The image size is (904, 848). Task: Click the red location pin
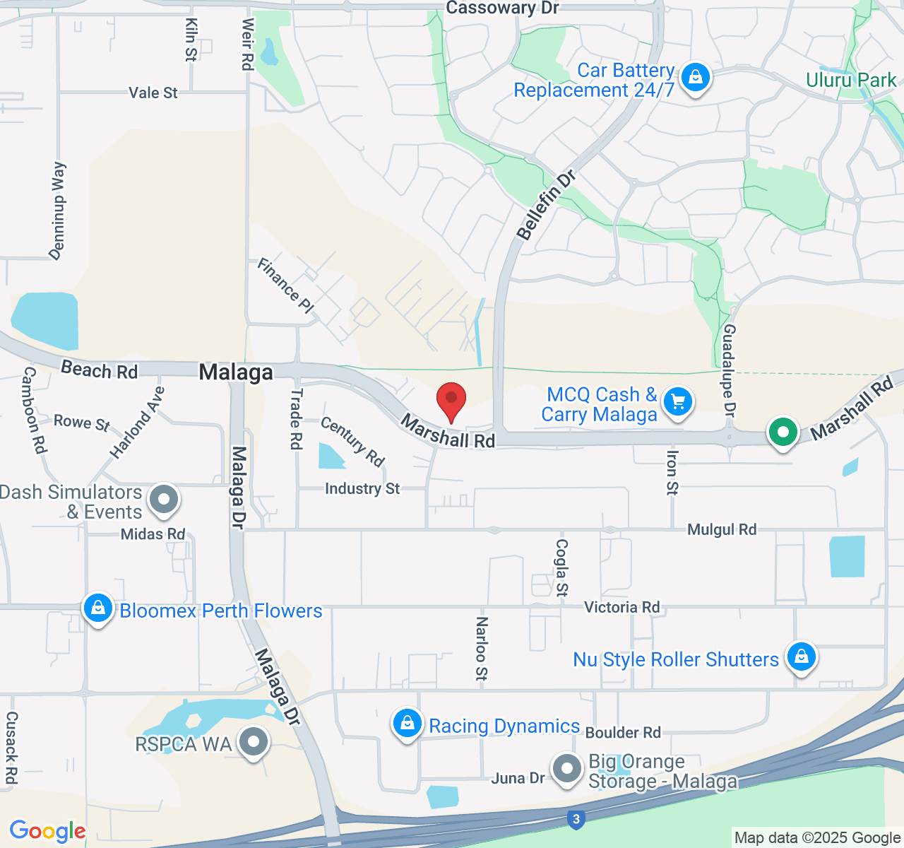[x=451, y=401]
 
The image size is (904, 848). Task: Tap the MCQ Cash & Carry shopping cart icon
[x=678, y=402]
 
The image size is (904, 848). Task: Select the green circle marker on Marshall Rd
[x=783, y=431]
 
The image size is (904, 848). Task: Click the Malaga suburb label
[x=236, y=372]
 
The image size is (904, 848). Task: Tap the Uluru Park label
[x=851, y=80]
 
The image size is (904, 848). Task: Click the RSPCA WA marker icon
[x=253, y=743]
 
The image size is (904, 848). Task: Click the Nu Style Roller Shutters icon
[x=801, y=657]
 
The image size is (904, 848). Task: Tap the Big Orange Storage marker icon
[x=566, y=769]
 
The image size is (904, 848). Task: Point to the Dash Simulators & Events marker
[x=165, y=500]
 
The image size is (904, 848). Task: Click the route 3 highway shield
[x=576, y=820]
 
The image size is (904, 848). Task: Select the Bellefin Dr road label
[x=546, y=205]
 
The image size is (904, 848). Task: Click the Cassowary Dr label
[x=502, y=8]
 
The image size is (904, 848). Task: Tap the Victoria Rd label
[x=621, y=607]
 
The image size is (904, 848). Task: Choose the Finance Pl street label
[x=285, y=285]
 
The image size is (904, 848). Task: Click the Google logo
[x=47, y=831]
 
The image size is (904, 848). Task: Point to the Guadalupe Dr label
[x=729, y=370]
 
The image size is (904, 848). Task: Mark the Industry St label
[x=362, y=488]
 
